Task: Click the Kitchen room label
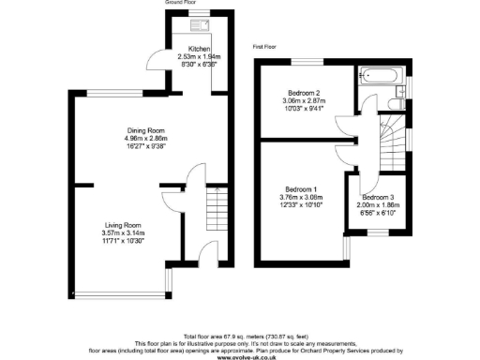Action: (x=199, y=49)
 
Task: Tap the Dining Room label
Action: (x=146, y=130)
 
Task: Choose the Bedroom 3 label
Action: (x=379, y=198)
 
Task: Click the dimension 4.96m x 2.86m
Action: (x=146, y=139)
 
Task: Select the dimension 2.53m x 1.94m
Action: (x=199, y=56)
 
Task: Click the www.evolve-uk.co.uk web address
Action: (x=240, y=355)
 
